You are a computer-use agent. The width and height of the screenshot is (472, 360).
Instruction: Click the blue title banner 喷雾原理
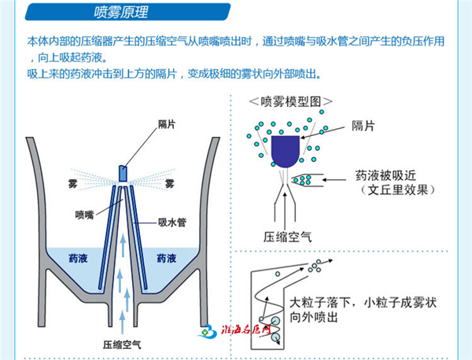(127, 12)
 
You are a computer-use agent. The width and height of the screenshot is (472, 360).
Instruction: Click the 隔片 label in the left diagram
(167, 124)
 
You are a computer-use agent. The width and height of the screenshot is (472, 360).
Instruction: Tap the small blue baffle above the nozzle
(123, 173)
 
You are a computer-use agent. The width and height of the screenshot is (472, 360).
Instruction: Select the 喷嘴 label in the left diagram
(85, 215)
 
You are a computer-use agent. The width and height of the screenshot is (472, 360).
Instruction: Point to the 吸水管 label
(172, 222)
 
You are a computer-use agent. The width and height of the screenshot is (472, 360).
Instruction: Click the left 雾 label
(72, 183)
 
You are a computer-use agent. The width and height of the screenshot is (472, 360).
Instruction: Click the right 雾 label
(169, 183)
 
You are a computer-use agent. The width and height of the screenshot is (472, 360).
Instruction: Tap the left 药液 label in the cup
(78, 258)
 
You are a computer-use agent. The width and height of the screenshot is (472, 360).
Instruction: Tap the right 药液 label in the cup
(167, 258)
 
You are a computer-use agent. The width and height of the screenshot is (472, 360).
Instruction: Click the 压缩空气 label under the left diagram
(122, 344)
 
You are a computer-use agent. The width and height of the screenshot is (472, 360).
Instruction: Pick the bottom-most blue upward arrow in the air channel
(122, 321)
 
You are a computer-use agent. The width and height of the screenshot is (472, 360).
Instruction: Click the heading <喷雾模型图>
(291, 101)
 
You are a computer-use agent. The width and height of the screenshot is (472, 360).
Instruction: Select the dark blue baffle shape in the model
(286, 151)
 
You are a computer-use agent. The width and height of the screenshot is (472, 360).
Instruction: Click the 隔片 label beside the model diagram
(363, 126)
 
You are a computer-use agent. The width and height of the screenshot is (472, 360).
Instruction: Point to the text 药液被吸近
(385, 175)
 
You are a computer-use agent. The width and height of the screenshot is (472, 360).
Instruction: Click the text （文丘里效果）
(398, 189)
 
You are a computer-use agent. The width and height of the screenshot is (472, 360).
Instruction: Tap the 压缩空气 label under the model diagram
(287, 237)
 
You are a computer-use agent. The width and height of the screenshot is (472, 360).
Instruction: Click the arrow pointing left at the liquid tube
(334, 180)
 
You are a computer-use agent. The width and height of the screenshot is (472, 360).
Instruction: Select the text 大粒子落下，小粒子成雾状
(363, 303)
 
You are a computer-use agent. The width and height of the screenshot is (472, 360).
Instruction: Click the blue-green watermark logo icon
(208, 332)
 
